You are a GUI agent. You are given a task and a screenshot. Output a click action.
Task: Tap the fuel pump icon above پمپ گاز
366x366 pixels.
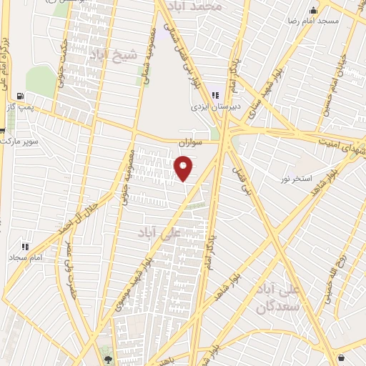pos(19,97)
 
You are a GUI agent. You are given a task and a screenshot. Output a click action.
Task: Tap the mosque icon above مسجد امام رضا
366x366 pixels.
pos(313,11)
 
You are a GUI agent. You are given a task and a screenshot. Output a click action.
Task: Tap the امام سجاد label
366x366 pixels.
pos(28,256)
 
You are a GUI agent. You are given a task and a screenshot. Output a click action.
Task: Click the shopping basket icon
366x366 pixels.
pos(341,357)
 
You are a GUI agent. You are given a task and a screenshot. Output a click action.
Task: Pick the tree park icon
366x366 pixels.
pos(107,360)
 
